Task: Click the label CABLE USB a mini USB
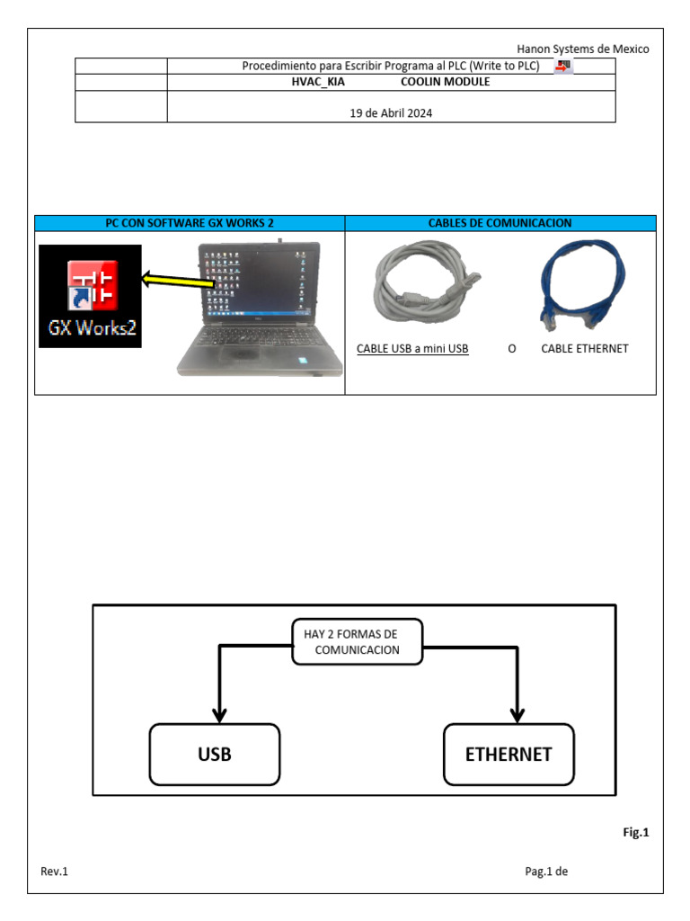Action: tap(412, 349)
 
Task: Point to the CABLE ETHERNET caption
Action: tap(584, 349)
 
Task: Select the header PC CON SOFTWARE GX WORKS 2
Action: tap(190, 223)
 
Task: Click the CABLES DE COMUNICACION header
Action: tap(500, 223)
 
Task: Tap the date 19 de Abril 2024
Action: tap(391, 113)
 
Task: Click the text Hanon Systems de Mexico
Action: tap(582, 49)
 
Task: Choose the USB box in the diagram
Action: tap(215, 754)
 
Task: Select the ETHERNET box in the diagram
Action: tap(509, 754)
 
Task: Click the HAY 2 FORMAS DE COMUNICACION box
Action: tap(357, 642)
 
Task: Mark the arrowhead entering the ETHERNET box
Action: tap(517, 715)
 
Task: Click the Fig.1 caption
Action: tap(635, 833)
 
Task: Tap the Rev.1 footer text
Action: tap(54, 872)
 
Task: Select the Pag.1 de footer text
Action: tap(547, 872)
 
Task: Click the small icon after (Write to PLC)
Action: tap(563, 67)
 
